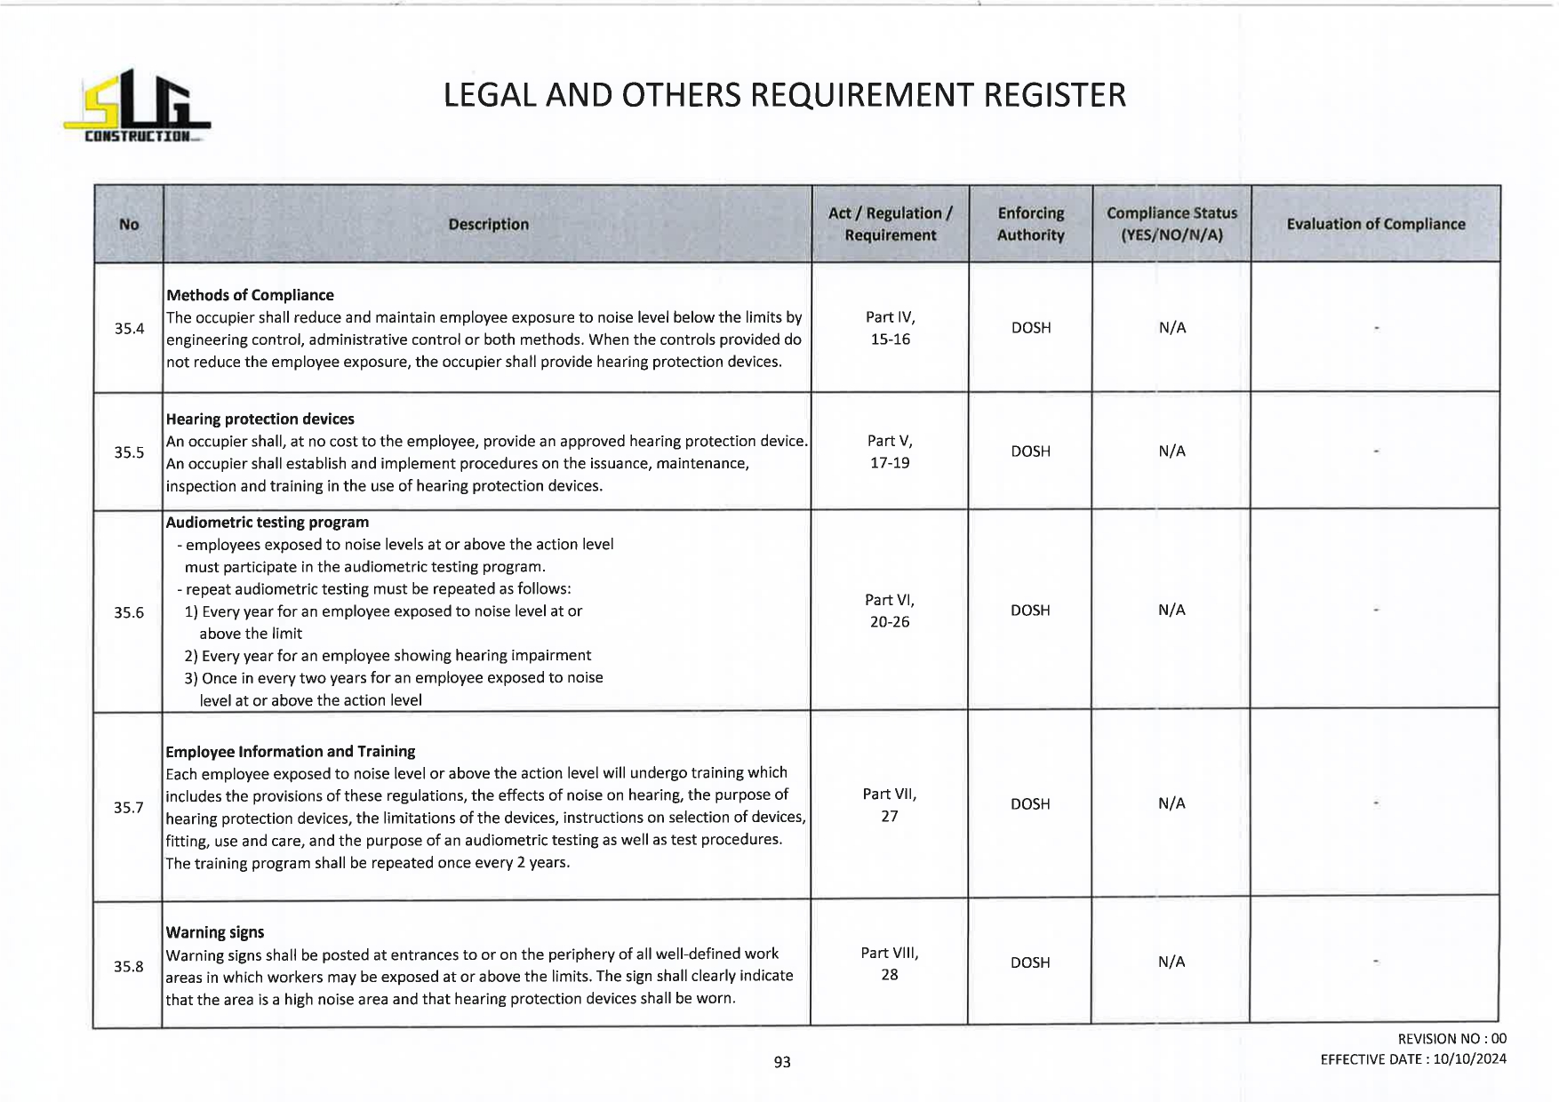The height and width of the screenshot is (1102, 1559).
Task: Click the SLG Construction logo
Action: (x=137, y=106)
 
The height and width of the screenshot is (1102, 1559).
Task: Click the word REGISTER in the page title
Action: (x=1054, y=95)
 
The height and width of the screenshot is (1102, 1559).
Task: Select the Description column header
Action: (x=488, y=225)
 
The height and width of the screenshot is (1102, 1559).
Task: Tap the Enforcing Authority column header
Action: (x=1030, y=224)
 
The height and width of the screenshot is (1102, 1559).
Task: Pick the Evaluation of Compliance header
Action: (x=1375, y=224)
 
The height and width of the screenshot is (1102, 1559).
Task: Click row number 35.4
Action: (x=129, y=329)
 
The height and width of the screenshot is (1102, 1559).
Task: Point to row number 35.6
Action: (x=129, y=612)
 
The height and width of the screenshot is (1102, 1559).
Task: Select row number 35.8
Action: (x=128, y=966)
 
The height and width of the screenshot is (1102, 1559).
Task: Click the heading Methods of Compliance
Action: (x=250, y=295)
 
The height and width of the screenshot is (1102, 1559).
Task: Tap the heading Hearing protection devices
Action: (x=260, y=419)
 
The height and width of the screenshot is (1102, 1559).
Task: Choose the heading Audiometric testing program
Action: (x=267, y=523)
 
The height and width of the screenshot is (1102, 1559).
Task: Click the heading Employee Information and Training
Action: (x=290, y=751)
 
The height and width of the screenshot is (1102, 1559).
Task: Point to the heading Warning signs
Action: (x=214, y=932)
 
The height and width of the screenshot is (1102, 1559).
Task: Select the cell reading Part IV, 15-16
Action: (x=890, y=328)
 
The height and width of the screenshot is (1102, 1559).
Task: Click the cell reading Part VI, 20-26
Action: (x=889, y=611)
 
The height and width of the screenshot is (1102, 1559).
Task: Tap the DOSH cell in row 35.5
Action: (x=1030, y=451)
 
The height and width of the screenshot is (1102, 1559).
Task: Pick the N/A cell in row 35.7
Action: (x=1171, y=803)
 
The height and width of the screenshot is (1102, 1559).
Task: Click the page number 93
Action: (x=782, y=1062)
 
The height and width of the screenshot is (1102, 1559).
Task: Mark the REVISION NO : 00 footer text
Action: (x=1451, y=1039)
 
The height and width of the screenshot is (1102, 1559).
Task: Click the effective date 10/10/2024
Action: (x=1469, y=1059)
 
